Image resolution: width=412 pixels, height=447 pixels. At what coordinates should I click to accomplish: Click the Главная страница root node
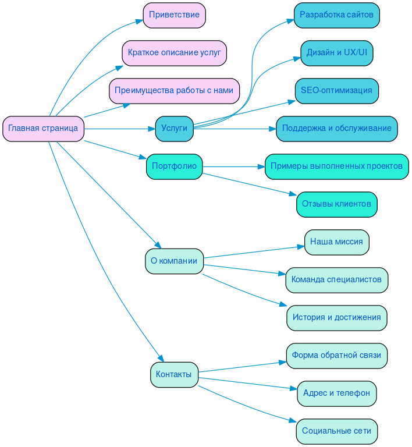pyautogui.click(x=43, y=129)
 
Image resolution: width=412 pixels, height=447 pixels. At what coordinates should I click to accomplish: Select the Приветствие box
pyautogui.click(x=174, y=15)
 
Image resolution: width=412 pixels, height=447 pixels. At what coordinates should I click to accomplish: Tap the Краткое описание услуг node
pyautogui.click(x=174, y=53)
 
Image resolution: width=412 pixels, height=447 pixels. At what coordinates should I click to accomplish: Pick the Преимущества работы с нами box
pyautogui.click(x=174, y=91)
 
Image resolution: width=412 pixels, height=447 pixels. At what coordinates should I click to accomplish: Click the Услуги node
pyautogui.click(x=174, y=129)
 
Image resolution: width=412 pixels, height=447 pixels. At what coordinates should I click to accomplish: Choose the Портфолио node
pyautogui.click(x=174, y=166)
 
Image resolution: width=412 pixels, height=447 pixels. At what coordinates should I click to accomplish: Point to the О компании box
pyautogui.click(x=174, y=261)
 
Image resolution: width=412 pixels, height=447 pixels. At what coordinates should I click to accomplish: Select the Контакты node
pyautogui.click(x=174, y=374)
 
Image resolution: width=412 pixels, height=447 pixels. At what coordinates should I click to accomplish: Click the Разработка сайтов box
pyautogui.click(x=336, y=15)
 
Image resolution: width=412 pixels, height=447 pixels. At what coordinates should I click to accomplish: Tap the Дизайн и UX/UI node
pyautogui.click(x=336, y=53)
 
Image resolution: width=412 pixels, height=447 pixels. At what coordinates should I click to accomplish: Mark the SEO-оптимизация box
pyautogui.click(x=336, y=91)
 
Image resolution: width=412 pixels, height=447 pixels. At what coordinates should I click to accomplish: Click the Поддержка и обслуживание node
pyautogui.click(x=336, y=129)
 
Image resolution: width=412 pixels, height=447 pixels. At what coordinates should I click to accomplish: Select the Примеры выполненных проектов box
pyautogui.click(x=336, y=166)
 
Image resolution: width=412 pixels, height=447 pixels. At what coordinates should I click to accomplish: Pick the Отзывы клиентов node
pyautogui.click(x=336, y=204)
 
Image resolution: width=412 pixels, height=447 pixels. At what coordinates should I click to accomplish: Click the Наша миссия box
pyautogui.click(x=336, y=242)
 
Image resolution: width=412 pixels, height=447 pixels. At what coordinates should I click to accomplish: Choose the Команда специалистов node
pyautogui.click(x=336, y=280)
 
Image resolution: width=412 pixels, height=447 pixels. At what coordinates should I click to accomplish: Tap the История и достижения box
pyautogui.click(x=336, y=318)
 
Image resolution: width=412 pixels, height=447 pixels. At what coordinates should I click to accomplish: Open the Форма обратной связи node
pyautogui.click(x=336, y=355)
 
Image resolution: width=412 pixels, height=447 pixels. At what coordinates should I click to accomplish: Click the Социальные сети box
pyautogui.click(x=336, y=431)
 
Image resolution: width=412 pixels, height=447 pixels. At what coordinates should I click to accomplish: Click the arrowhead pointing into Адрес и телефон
pyautogui.click(x=294, y=388)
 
